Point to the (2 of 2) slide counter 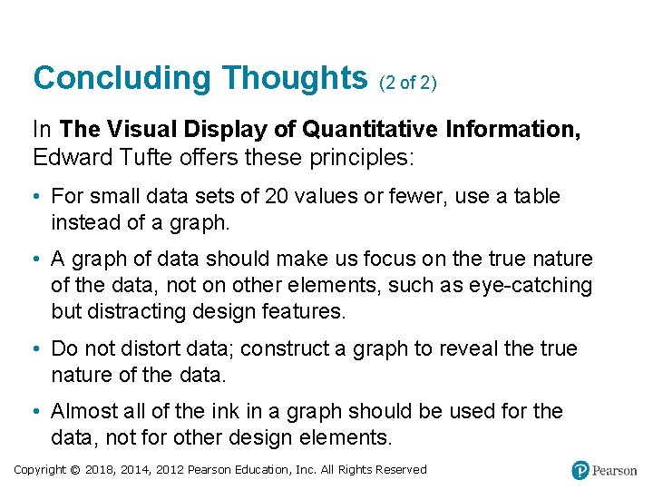coord(407,83)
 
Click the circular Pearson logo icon coord(580,470)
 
